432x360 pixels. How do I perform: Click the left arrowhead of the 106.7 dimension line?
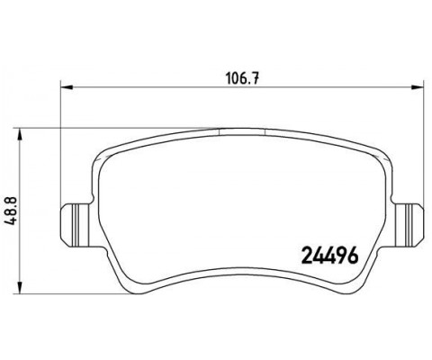(x=65, y=87)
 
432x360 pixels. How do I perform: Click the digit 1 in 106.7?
(x=226, y=76)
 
